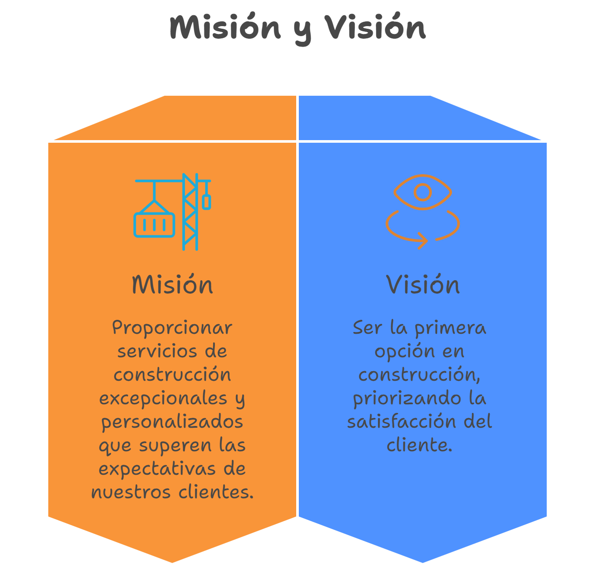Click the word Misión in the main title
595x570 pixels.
click(225, 27)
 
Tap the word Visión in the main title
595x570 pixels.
click(375, 27)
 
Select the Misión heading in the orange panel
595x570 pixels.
click(172, 285)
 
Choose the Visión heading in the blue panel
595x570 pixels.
click(423, 285)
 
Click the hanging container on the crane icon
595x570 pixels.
click(154, 225)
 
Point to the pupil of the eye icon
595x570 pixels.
click(423, 192)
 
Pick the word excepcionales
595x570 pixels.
click(164, 399)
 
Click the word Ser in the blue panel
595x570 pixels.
click(367, 328)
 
